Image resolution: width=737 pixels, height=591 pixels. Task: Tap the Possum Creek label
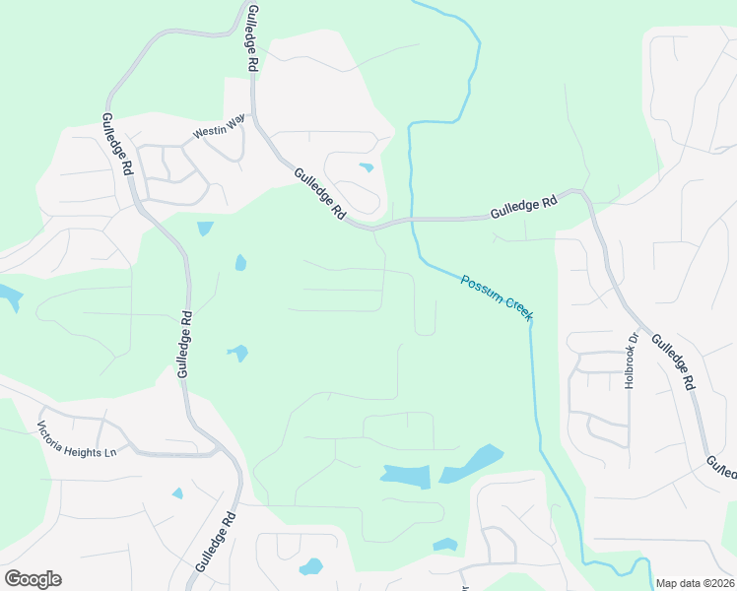click(x=497, y=295)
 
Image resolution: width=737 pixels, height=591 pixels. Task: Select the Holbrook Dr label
click(x=632, y=360)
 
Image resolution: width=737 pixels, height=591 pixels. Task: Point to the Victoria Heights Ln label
click(x=77, y=439)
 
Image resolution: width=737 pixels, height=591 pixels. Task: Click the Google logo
click(x=33, y=579)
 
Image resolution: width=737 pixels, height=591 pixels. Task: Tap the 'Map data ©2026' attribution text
click(x=695, y=582)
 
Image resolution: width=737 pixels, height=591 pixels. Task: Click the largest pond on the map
click(x=406, y=477)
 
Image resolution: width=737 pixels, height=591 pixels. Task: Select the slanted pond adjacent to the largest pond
click(x=472, y=463)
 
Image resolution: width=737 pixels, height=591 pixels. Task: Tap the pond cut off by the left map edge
click(x=8, y=295)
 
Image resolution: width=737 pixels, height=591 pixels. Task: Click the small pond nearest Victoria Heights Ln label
click(x=177, y=492)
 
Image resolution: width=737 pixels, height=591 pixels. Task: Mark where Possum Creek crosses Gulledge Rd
click(x=411, y=221)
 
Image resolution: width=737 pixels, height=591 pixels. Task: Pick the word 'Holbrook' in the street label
click(x=632, y=365)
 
